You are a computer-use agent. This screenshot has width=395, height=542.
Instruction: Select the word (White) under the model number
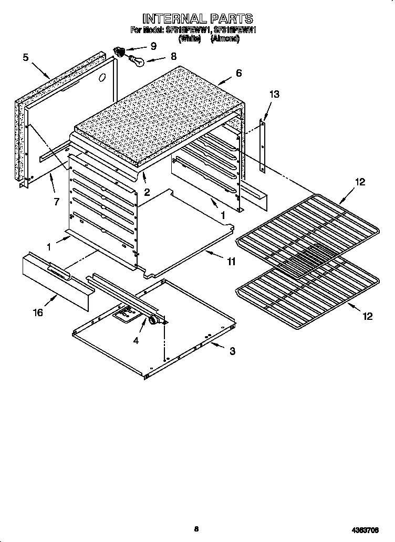tap(189, 39)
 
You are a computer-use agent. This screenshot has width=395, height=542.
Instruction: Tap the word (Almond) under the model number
tap(225, 39)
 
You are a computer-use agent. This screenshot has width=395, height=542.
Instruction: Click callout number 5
tap(26, 57)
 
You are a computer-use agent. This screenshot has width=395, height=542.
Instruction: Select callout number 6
tap(238, 73)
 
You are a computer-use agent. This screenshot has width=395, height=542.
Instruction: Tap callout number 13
tap(274, 95)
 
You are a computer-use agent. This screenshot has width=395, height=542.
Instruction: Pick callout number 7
tap(56, 201)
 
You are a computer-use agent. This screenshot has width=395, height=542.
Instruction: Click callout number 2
tap(147, 192)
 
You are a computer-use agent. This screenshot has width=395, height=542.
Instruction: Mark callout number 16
tap(38, 314)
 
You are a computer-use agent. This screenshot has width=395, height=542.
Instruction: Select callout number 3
tap(232, 351)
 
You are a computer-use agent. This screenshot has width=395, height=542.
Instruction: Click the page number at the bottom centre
tap(196, 529)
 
